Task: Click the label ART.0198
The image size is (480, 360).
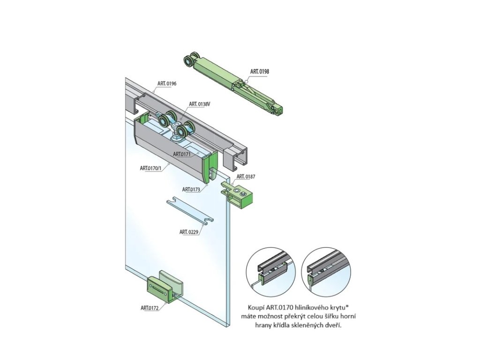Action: click(x=260, y=72)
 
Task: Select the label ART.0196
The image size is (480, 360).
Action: click(x=167, y=84)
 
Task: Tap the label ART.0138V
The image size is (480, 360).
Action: click(x=199, y=104)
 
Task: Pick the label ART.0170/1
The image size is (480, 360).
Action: click(x=150, y=167)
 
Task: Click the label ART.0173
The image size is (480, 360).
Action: click(x=191, y=189)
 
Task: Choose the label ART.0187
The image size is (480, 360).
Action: click(x=246, y=177)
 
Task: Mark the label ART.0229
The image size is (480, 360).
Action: click(x=189, y=232)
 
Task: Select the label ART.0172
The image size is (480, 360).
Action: click(x=150, y=308)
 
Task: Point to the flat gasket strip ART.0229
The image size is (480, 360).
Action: click(x=190, y=211)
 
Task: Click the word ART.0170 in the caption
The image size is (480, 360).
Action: click(x=279, y=307)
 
